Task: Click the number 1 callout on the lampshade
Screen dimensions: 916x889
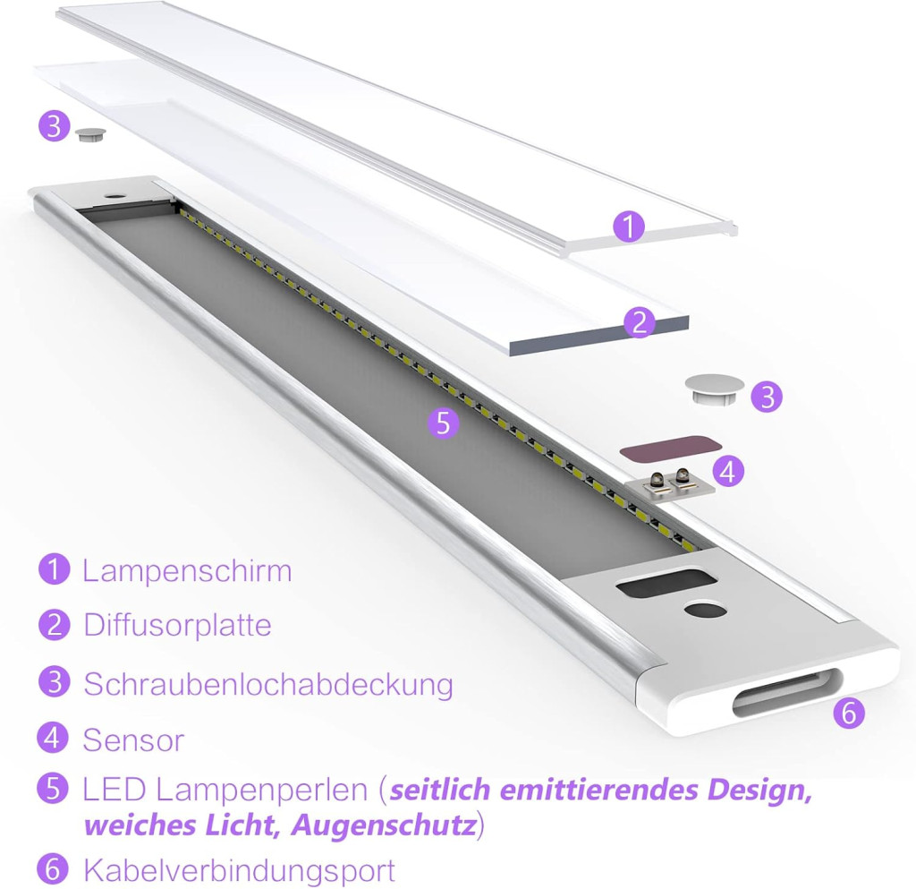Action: (x=629, y=227)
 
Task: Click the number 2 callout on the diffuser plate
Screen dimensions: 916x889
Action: (x=640, y=322)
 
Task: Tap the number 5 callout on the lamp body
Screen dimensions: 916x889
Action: (x=444, y=423)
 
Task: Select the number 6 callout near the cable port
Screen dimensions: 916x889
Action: (x=849, y=713)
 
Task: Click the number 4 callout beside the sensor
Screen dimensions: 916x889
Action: (x=728, y=471)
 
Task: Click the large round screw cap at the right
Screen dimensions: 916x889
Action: (x=715, y=389)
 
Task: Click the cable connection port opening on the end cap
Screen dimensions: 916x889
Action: (x=788, y=692)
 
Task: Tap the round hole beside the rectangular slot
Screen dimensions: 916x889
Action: (x=705, y=611)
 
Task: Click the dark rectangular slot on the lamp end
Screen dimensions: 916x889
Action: (x=666, y=584)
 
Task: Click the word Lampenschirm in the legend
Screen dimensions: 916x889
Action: (x=187, y=571)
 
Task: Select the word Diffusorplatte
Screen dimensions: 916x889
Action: (x=178, y=626)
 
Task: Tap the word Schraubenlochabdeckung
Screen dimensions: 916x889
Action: (x=268, y=684)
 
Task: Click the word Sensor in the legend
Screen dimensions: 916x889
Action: (x=134, y=740)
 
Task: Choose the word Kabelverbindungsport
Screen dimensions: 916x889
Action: (x=240, y=870)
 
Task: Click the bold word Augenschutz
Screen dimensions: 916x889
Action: (x=383, y=826)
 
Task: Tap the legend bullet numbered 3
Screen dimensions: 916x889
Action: (x=55, y=682)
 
